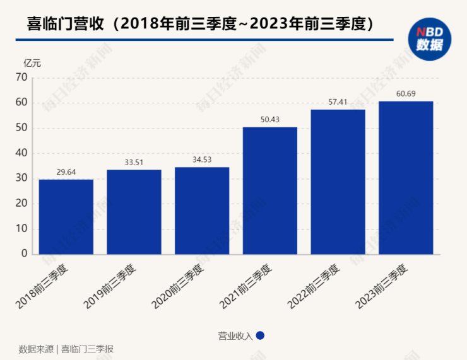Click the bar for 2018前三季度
66,216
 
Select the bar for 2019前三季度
134,211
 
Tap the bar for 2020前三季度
202,210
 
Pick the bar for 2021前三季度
269,190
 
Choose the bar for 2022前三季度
338,182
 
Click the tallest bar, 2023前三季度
406,177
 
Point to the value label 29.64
66,172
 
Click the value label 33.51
134,162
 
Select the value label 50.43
269,119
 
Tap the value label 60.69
406,93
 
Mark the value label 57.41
338,102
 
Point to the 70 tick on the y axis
22,78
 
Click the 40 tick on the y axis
22,153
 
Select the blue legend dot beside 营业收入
260,335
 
